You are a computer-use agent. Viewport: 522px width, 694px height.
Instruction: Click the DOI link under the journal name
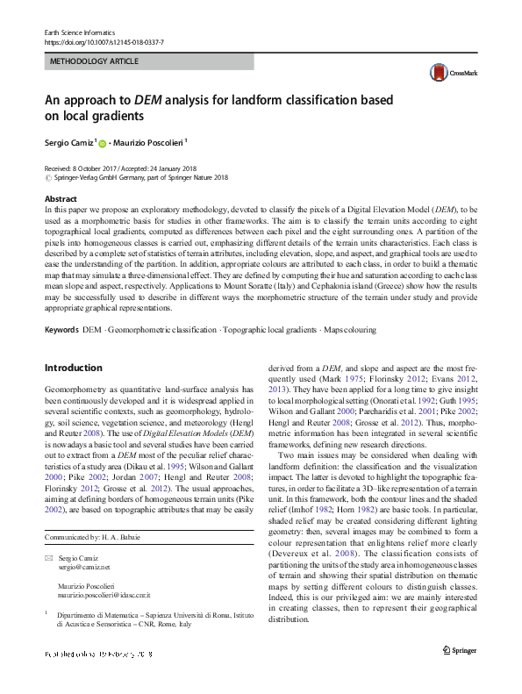(x=104, y=42)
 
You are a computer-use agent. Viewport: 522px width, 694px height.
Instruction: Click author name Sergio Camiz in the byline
(x=69, y=141)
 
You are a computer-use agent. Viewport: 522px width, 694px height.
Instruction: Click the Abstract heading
(x=61, y=200)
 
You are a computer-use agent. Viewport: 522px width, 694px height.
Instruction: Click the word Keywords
(x=61, y=330)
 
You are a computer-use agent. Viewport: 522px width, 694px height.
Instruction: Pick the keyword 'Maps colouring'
(x=351, y=330)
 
